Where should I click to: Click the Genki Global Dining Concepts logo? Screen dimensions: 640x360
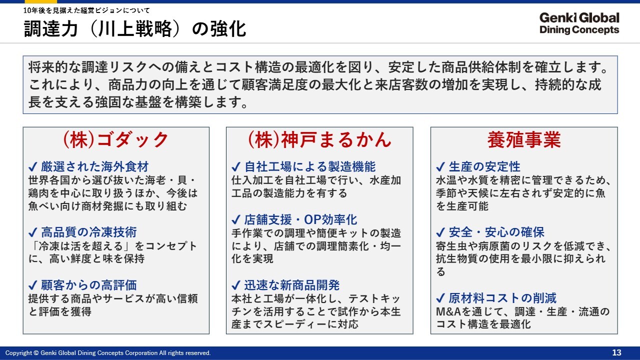pyautogui.click(x=579, y=23)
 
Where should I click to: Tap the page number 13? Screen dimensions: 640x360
pyautogui.click(x=616, y=352)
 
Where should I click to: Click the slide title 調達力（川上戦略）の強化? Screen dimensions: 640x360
pyautogui.click(x=135, y=29)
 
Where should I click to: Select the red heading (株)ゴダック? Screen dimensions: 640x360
pyautogui.click(x=115, y=139)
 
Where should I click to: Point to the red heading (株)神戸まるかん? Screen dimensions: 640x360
pyautogui.click(x=319, y=139)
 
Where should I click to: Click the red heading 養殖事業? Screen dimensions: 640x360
pyautogui.click(x=524, y=139)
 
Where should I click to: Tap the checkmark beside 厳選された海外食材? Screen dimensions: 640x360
pyautogui.click(x=33, y=166)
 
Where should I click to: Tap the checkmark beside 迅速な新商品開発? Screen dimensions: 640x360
pyautogui.click(x=236, y=285)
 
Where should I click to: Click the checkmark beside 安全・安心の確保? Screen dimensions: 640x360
pyautogui.click(x=440, y=232)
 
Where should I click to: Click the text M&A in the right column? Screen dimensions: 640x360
pyautogui.click(x=448, y=311)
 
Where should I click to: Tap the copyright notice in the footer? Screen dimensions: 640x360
pyautogui.click(x=108, y=353)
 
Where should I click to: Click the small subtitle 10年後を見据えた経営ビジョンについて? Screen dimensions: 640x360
pyautogui.click(x=86, y=10)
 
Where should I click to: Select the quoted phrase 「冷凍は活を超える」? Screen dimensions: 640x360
pyautogui.click(x=80, y=245)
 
